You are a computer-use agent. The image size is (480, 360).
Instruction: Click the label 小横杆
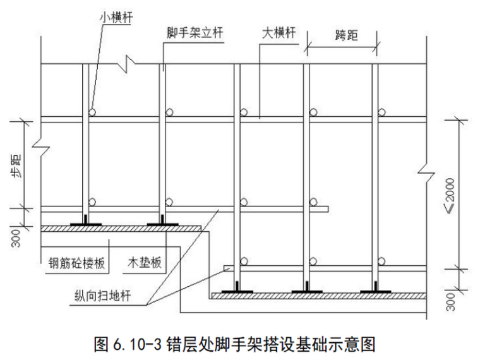point(116,18)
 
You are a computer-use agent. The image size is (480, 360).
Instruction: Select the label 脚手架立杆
point(195,33)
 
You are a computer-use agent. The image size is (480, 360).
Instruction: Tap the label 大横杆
point(279,33)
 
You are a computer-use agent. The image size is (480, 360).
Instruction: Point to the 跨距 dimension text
point(346,35)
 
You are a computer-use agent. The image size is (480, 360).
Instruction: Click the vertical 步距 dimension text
point(16,167)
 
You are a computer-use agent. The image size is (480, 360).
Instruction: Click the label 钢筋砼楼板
point(77,263)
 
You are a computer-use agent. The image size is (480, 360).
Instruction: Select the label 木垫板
point(145,263)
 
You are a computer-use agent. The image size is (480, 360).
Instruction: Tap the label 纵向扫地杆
point(103,296)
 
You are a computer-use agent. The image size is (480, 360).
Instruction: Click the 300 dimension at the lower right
point(450,302)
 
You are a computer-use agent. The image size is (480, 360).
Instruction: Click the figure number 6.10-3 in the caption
point(137,344)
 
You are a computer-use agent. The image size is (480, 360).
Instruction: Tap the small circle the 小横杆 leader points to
point(92,112)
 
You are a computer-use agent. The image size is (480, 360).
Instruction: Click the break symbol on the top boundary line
point(127,64)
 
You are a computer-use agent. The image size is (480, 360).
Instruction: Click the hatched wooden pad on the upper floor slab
point(121,229)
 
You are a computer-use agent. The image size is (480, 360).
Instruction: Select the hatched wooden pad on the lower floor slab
point(319,296)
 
